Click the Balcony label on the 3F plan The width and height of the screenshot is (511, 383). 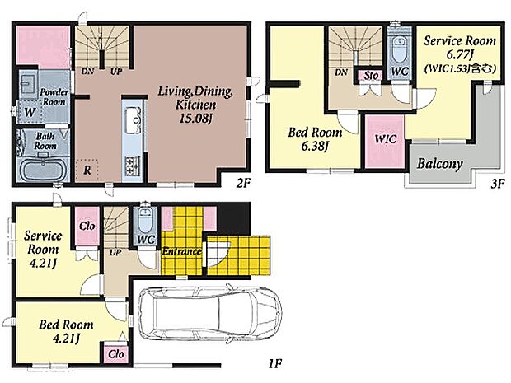click(439, 164)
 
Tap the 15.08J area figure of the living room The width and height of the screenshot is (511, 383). click(195, 119)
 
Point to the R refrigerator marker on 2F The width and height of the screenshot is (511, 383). click(87, 170)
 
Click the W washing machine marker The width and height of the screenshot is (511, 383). click(30, 112)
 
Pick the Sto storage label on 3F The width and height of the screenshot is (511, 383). click(371, 76)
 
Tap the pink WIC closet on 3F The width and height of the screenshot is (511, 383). click(385, 142)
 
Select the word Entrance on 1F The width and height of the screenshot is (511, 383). click(181, 251)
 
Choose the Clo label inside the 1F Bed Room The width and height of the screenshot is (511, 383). click(116, 354)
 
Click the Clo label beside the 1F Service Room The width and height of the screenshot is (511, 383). click(87, 226)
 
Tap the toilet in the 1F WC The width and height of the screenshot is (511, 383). click(145, 219)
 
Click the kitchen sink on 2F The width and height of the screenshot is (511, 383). click(133, 120)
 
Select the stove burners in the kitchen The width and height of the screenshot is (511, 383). click(133, 165)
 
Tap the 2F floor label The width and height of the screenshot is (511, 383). click(243, 184)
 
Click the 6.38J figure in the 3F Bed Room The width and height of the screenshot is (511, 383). click(314, 147)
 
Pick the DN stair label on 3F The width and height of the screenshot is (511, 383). click(341, 72)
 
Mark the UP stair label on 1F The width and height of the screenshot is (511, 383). click(115, 252)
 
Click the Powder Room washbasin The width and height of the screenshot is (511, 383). click(28, 82)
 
